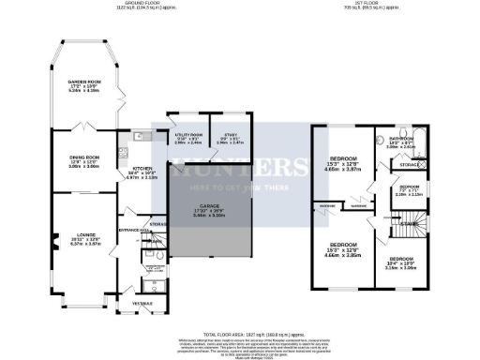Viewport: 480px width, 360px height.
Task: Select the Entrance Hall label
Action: coord(129,228)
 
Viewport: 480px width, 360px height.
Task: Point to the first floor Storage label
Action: coord(409,164)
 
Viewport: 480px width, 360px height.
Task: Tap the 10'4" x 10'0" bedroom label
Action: coord(400,262)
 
